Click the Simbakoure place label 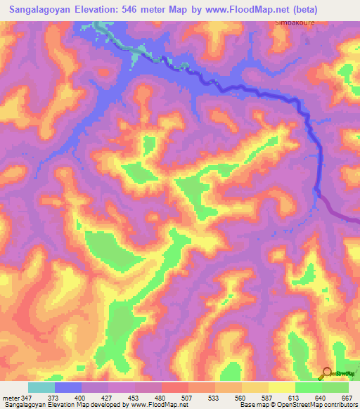point(291,22)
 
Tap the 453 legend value point(134,398)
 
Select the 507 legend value point(187,398)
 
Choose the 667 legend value point(347,398)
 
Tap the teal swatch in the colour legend point(41,387)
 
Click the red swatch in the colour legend point(175,387)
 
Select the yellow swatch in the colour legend point(255,387)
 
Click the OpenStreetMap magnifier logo point(327,372)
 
